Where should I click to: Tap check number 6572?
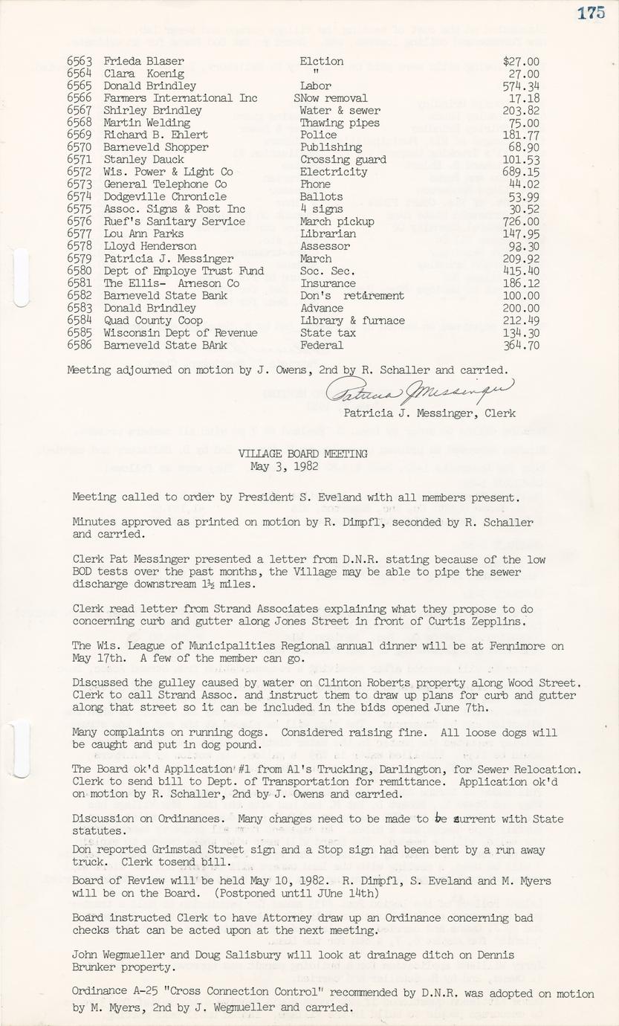[79, 172]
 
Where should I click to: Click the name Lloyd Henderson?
[150, 246]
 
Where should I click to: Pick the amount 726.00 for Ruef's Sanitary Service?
[521, 222]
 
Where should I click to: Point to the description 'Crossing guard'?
[343, 160]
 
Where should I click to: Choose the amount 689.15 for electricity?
[521, 172]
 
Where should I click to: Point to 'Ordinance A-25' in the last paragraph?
[114, 993]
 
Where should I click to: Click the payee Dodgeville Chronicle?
[165, 197]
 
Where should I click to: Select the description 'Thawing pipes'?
[340, 123]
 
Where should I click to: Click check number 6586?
[79, 345]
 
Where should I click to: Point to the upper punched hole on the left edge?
[21, 277]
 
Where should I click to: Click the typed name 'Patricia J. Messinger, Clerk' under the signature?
[430, 413]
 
